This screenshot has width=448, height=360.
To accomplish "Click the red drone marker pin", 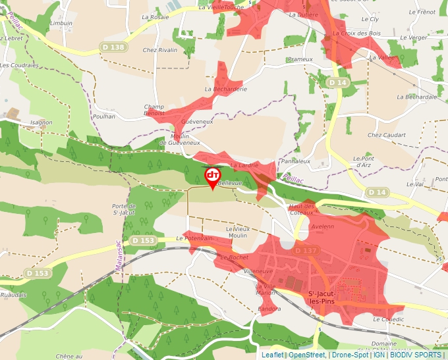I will pos(212,176).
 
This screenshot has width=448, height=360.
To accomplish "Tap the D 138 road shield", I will pos(113,47).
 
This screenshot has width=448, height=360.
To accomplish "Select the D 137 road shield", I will pos(306,251).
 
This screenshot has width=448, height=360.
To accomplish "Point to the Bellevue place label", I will pos(230,182).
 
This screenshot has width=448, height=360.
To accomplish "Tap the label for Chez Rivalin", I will pos(160,50).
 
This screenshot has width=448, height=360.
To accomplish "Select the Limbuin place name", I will pos(61,23).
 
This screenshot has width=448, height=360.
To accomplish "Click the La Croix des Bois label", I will pos(357,33).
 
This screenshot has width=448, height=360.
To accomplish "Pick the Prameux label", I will pos(300,59).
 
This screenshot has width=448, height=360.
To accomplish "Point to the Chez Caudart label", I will pos(384,136).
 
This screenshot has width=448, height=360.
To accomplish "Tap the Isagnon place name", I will pos(41,122).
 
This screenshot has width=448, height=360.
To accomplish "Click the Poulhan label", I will pos(104,116).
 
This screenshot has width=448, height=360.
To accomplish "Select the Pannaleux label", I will pos(295,161).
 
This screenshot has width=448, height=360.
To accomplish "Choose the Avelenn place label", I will pos(323,226).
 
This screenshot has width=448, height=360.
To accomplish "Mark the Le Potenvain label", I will pos(194,239).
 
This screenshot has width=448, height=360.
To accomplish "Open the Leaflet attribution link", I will pos(272,355).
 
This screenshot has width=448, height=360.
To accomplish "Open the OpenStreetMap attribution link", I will pos(307,355).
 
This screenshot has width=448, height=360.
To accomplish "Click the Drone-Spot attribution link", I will pos(350,355).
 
